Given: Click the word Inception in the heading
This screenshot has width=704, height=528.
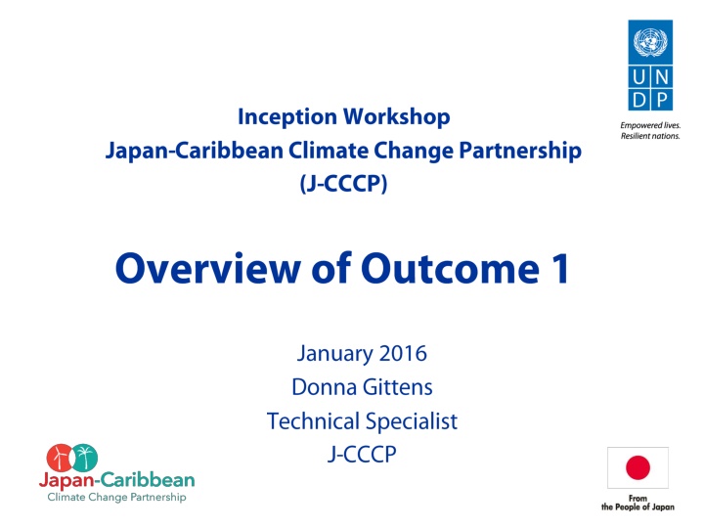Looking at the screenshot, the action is pos(287,117).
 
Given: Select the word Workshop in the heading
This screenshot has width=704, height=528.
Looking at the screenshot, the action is pos(397,117).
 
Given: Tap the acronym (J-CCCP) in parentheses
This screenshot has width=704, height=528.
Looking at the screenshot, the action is pos(343,183).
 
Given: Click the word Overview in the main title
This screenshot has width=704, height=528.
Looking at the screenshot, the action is pos(208,269).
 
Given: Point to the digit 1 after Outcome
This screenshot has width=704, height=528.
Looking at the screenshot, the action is pos(561,269).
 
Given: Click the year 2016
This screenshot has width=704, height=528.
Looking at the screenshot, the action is pos(403,353).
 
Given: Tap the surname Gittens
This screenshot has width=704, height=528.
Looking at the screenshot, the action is pos(397,387).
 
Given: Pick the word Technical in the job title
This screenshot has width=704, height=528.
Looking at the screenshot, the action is pos(313,421).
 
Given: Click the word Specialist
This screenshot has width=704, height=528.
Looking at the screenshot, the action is pos(412,421).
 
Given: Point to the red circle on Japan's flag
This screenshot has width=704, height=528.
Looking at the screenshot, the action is pos(638,467).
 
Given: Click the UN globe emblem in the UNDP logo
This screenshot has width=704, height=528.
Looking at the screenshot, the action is pos(650,42).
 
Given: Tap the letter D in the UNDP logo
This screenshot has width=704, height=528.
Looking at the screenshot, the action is pos(639,100).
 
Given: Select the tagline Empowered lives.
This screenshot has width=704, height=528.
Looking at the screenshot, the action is pos(650,125).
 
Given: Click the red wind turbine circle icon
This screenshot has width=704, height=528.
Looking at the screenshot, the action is pos(60,458).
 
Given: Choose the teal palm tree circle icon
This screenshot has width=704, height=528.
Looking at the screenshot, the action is pos(84,458).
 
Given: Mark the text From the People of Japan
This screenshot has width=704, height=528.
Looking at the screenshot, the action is pos(638,503).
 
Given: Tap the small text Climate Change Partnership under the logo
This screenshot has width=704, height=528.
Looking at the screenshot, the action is pos(116,497).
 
